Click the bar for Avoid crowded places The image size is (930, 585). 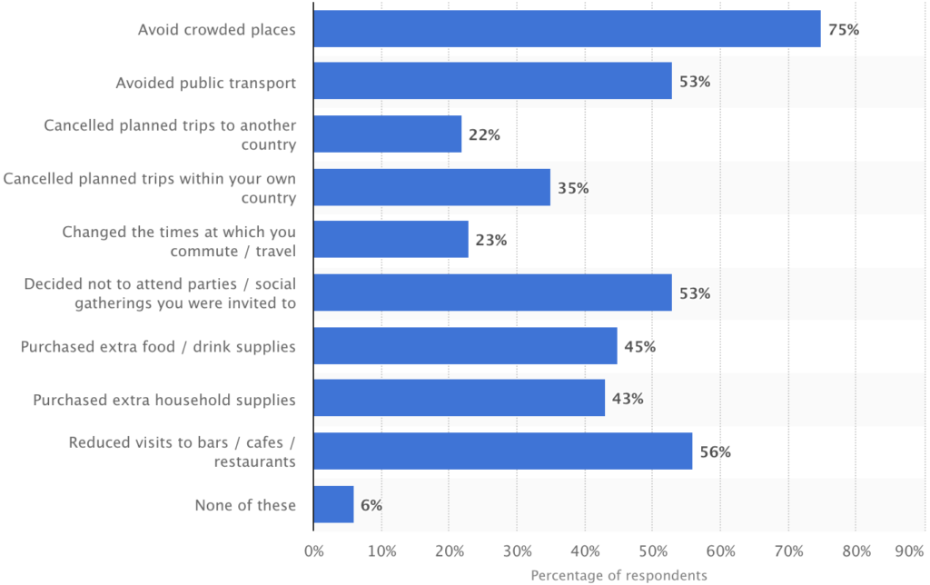pos(567,29)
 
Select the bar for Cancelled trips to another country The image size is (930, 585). pos(388,134)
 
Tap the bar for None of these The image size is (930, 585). pos(333,504)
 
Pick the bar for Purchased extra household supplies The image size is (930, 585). pos(459,399)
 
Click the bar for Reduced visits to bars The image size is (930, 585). pos(503,451)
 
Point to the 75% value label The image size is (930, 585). pos(843,29)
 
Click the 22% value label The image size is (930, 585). pos(484,134)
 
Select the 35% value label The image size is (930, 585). pos(573,188)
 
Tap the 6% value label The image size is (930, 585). pos(371,504)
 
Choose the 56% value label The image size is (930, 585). pos(716,451)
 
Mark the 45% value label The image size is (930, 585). pos(640,346)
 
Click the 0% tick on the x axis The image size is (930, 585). pos(313,550)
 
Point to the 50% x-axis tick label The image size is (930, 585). pos(652,550)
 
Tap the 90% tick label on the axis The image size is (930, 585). pos(911,550)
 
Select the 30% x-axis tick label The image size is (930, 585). pos(517,550)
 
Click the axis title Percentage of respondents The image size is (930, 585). pos(618,575)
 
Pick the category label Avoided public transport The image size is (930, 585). pos(206,83)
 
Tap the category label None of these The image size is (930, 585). pos(245,504)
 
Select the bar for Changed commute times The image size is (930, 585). pos(391,241)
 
